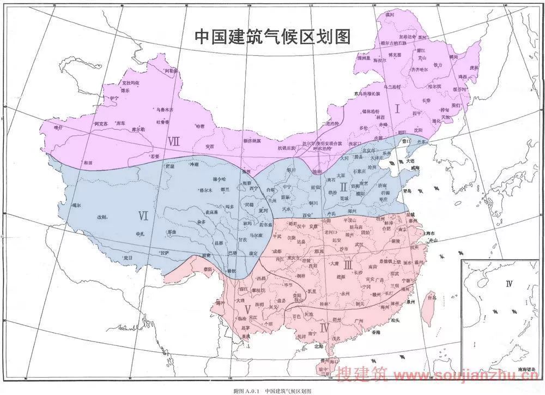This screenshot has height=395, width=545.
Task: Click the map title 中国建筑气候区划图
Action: [272, 37]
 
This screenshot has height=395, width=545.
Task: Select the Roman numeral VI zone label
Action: [143, 216]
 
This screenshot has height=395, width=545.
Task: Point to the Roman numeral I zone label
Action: [397, 109]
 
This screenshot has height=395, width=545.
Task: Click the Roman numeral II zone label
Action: [343, 187]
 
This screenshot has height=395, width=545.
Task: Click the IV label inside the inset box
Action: [509, 283]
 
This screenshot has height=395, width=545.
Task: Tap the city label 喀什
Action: [59, 127]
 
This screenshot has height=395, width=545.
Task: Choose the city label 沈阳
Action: [418, 130]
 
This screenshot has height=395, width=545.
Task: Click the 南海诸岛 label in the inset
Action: [526, 369]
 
